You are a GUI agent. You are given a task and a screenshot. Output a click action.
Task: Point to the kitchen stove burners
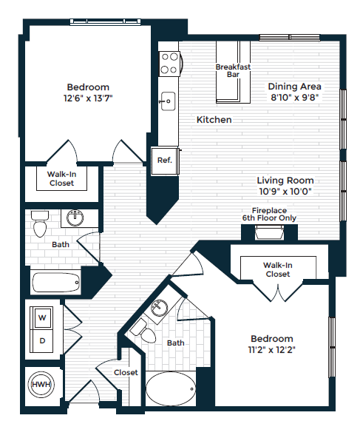click(169, 61)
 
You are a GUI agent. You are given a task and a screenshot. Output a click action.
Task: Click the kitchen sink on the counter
click(168, 99)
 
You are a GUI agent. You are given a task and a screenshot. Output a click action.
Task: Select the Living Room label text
click(285, 180)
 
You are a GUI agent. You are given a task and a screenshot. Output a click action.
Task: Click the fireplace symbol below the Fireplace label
click(269, 234)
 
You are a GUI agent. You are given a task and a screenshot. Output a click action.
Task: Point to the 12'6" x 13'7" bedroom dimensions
click(88, 97)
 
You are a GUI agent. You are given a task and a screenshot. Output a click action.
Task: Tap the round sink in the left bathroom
click(75, 218)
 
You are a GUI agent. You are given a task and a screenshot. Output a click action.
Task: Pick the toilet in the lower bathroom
click(149, 335)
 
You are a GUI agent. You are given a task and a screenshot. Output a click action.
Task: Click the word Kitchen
click(214, 119)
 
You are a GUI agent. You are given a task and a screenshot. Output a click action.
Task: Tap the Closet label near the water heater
click(125, 372)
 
